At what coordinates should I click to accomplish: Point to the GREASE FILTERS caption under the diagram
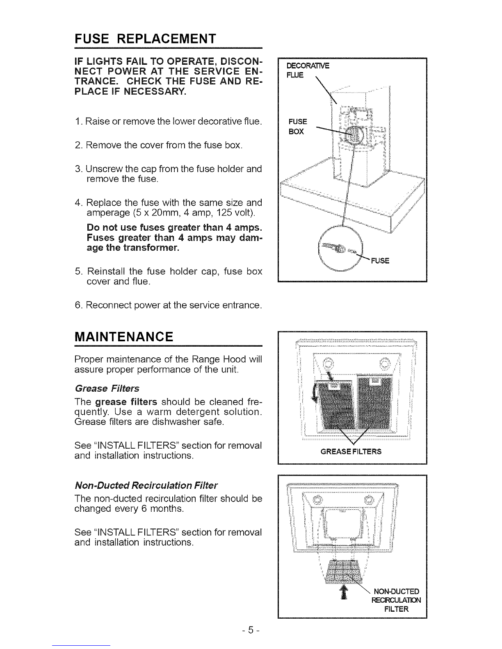351,452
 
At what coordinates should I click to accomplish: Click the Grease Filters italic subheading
107,388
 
